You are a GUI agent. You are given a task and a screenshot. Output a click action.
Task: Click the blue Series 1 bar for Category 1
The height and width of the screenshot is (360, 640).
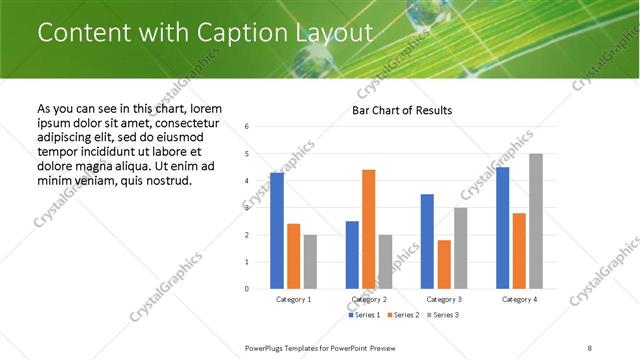coord(277,231)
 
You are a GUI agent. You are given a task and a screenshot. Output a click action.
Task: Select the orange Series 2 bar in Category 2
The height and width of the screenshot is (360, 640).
coord(368,229)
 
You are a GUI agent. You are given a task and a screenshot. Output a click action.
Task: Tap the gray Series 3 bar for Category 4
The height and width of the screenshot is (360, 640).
coord(536,221)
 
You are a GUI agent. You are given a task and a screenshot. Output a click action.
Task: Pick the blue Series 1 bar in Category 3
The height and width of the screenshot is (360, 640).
coord(427,241)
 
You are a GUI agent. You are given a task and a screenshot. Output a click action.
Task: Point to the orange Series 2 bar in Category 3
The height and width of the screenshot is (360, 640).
coord(444,264)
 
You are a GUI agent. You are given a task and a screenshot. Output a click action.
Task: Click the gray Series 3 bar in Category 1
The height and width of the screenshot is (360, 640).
coord(310,262)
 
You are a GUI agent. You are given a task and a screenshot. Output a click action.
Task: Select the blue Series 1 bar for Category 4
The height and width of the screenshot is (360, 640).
coord(502,228)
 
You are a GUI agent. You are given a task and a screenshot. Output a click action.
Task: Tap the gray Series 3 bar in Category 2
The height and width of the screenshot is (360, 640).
coord(386,262)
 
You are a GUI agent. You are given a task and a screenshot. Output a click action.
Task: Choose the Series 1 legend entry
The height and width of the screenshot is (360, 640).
coord(364,315)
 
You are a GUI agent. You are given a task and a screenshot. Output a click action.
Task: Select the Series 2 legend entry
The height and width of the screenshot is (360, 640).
coord(403,315)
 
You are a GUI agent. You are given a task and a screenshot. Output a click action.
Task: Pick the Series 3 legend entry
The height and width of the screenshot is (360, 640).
coord(441,315)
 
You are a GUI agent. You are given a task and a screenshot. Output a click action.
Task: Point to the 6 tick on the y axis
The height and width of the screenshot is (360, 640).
coord(247,127)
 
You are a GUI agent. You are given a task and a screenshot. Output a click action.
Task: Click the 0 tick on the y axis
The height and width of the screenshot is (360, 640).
coord(247,289)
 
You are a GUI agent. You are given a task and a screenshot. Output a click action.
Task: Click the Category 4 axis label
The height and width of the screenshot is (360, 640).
coord(518,299)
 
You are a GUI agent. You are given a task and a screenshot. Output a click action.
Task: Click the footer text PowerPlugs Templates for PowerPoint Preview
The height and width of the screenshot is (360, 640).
coord(321,347)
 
